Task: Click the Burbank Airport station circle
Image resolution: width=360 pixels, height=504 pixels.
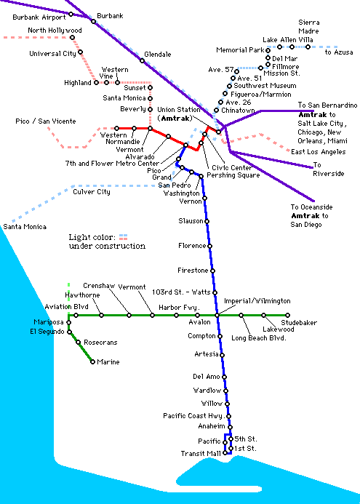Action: (x=71, y=14)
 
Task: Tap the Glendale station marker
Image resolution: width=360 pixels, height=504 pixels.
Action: (x=142, y=61)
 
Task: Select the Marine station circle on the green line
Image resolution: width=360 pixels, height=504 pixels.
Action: (x=92, y=362)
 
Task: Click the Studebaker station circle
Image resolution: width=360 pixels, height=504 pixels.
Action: (x=288, y=316)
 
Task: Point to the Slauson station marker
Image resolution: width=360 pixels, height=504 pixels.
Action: (x=207, y=222)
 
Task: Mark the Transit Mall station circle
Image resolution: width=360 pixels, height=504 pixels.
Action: (x=225, y=453)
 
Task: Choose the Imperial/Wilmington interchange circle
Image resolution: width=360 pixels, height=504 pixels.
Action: (x=217, y=316)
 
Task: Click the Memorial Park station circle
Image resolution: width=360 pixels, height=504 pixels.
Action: (x=268, y=50)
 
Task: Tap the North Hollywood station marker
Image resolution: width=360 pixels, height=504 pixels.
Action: (x=72, y=38)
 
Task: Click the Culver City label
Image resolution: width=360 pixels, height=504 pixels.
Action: (x=92, y=192)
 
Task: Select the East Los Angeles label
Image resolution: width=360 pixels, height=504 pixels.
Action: (x=319, y=152)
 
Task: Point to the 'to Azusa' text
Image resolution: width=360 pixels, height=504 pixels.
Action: (x=339, y=52)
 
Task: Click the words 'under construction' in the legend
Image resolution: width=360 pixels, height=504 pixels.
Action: (x=107, y=247)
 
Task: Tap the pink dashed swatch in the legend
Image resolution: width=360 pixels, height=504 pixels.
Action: (x=124, y=237)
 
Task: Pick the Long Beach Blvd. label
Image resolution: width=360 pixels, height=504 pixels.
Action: (x=259, y=338)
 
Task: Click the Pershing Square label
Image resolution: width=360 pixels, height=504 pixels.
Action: (x=233, y=175)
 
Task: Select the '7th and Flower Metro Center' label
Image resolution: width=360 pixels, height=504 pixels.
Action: (x=112, y=164)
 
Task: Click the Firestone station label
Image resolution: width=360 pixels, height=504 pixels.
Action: (x=193, y=271)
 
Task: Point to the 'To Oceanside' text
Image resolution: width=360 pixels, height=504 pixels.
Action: (x=311, y=207)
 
